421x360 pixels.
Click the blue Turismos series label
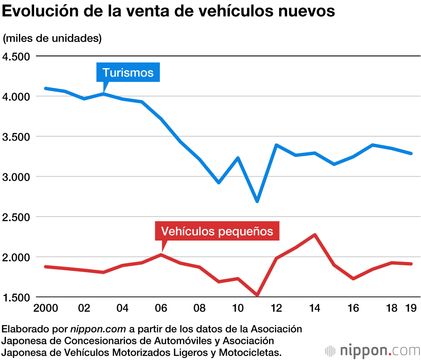pos(128,72)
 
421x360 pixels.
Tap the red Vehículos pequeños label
pos(217,231)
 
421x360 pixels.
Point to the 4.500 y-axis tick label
pos(16,57)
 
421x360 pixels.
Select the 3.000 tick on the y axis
pos(16,177)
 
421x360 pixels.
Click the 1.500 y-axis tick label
pos(16,297)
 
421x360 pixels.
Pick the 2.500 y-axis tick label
pos(16,217)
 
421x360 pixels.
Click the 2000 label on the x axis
pos(45,308)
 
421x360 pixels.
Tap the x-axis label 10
pos(238,308)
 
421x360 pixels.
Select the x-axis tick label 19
pos(411,308)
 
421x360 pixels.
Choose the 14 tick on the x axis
pos(314,308)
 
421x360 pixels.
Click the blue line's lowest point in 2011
pos(257,201)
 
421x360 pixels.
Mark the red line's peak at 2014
pos(315,235)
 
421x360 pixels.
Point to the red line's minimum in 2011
pos(257,295)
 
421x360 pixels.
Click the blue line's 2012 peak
pos(277,145)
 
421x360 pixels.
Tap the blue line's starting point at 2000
pos(45,88)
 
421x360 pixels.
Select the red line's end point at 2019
pos(411,264)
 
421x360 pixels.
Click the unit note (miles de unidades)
pos(52,38)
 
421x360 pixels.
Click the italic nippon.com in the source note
pos(98,329)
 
